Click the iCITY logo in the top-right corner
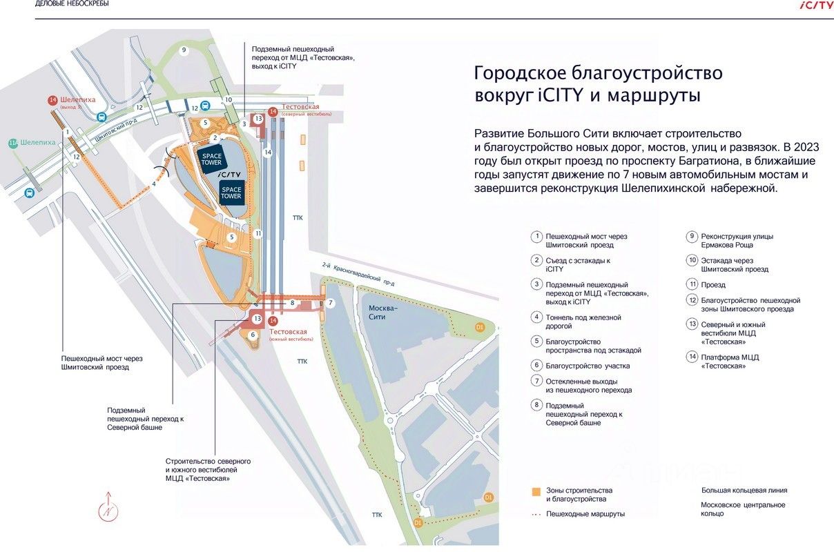point(816,5)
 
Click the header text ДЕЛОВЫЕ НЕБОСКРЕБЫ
point(72,3)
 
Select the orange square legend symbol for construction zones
point(536,493)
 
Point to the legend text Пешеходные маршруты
point(585,514)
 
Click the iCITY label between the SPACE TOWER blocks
point(231,175)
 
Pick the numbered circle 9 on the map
point(184,50)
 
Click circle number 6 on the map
point(253,335)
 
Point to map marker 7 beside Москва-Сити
point(330,303)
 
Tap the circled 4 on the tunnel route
point(154,184)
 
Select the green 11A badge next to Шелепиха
point(12,143)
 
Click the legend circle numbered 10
point(692,260)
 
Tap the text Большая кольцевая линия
point(744,491)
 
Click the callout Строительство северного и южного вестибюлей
point(208,469)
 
